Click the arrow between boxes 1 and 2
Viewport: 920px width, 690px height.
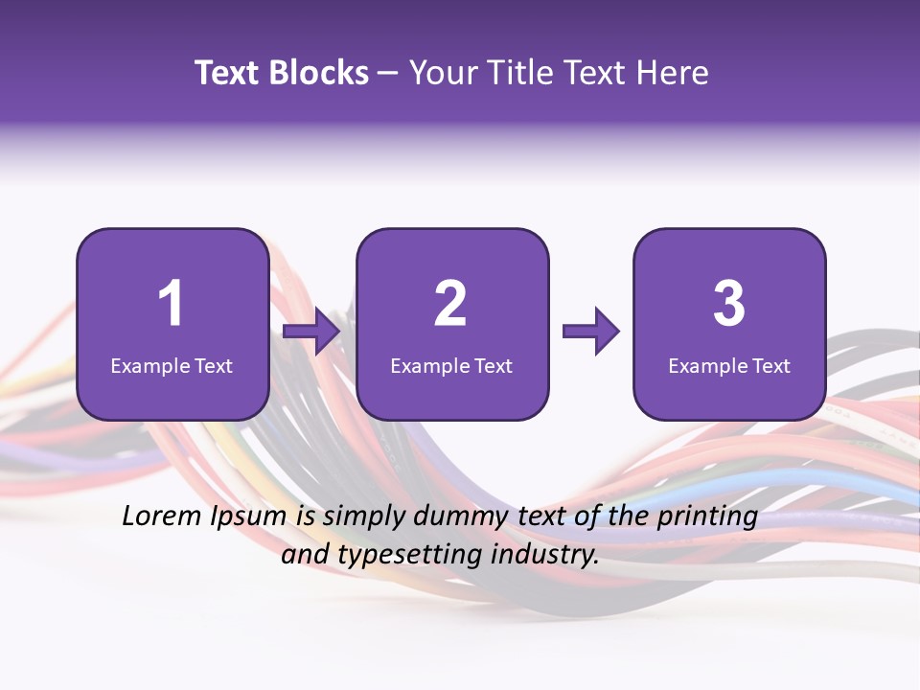tap(312, 332)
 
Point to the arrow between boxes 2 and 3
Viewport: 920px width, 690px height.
tap(591, 332)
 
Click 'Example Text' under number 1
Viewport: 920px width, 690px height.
tap(172, 365)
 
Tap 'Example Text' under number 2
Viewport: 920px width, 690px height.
tap(451, 365)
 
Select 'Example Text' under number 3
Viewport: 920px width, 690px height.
tap(729, 365)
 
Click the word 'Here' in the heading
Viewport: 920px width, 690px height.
tap(675, 73)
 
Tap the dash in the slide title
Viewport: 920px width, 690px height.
tap(388, 74)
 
